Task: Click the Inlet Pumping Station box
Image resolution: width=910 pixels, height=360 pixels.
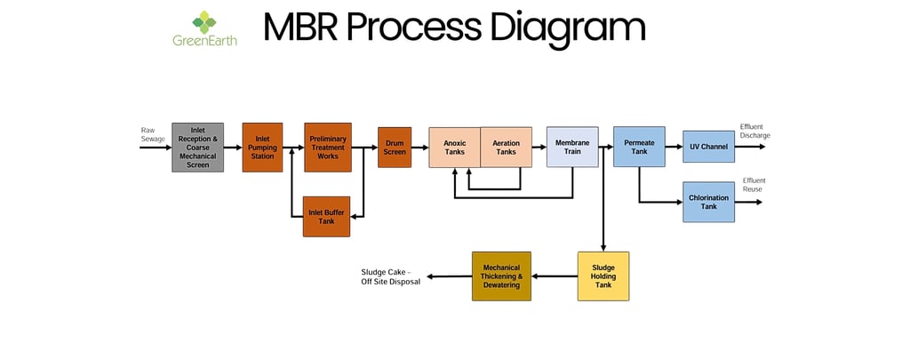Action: point(262,148)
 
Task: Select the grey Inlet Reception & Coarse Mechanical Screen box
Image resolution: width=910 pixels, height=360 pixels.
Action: point(197,148)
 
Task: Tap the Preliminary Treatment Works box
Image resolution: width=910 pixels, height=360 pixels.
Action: point(327,148)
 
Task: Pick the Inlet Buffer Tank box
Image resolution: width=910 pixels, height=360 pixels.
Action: point(326,216)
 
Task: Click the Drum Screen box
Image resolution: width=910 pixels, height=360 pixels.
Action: point(394,148)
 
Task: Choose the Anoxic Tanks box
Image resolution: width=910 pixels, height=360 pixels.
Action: point(454,148)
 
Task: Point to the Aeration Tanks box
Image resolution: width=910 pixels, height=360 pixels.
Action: point(506,148)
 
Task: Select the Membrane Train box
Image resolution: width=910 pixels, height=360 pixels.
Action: point(571,148)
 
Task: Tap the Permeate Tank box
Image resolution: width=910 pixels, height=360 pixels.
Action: point(639,147)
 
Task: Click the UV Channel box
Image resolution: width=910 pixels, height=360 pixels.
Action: point(708,147)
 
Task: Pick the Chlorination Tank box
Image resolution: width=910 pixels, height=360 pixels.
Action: point(708,202)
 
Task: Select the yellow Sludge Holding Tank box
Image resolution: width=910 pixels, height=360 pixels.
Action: point(603,276)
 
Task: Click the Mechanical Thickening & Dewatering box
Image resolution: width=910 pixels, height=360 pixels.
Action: point(501,276)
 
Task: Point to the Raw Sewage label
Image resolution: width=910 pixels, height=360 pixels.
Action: point(153,134)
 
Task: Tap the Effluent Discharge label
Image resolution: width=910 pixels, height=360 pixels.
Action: point(754,131)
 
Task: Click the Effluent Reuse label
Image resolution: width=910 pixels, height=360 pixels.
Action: point(754,185)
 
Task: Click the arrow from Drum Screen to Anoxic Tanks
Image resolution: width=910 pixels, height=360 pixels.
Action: point(419,148)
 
